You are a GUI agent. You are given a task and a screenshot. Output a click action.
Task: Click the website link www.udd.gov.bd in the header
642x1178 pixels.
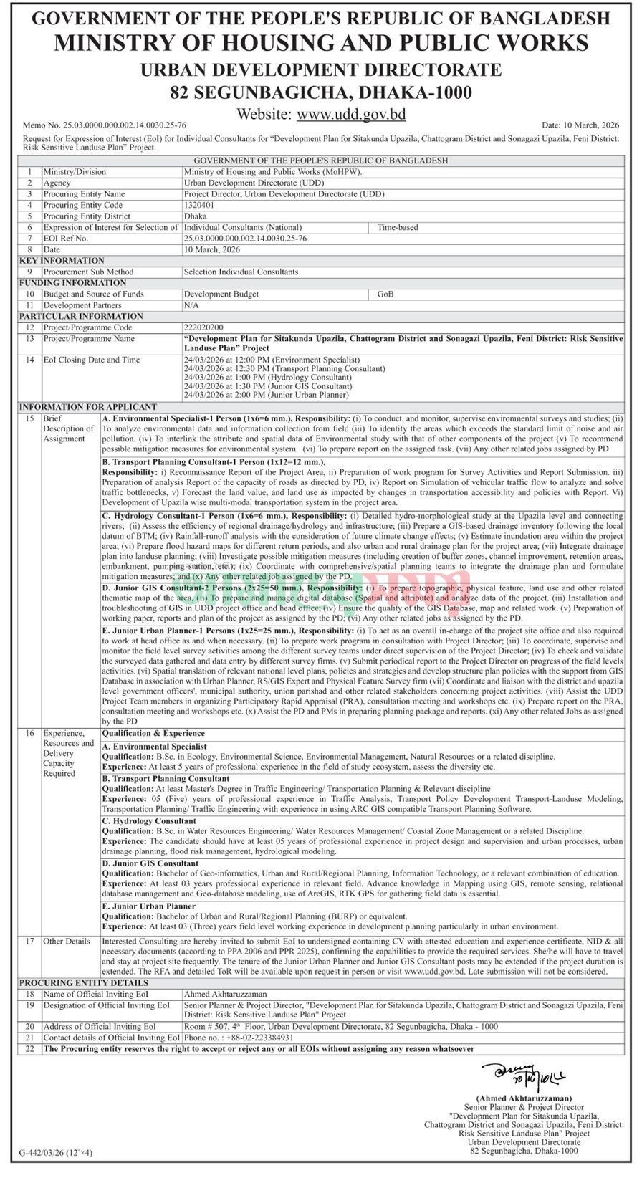351,114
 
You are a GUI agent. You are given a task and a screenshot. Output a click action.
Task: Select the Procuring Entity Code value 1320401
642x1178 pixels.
199,205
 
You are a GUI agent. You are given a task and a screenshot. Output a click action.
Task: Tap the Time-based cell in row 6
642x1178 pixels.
398,227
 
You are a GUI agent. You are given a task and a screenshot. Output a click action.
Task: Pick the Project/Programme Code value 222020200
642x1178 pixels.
203,327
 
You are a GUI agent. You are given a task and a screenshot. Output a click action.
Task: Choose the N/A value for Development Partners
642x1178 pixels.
191,305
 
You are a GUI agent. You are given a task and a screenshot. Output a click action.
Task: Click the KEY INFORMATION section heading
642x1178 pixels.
62,261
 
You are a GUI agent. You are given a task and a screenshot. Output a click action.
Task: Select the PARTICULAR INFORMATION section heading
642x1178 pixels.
81,316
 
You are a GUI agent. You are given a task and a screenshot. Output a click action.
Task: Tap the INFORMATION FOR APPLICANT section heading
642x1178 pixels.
88,407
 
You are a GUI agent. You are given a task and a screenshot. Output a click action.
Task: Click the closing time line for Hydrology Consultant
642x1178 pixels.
267,377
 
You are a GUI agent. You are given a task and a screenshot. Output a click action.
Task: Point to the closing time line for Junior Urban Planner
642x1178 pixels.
266,395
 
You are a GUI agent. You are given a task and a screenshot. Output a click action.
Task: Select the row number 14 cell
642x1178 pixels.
30,360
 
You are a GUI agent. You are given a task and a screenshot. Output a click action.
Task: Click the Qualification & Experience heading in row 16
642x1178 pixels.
153,733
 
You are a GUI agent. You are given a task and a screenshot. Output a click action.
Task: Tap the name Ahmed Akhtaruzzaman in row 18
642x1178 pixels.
225,994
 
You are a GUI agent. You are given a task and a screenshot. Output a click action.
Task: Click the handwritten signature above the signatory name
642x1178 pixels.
524,1075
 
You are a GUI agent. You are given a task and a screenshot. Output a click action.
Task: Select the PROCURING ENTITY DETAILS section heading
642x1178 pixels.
84,982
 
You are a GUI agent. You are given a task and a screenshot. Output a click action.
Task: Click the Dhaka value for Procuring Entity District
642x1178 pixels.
195,216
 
